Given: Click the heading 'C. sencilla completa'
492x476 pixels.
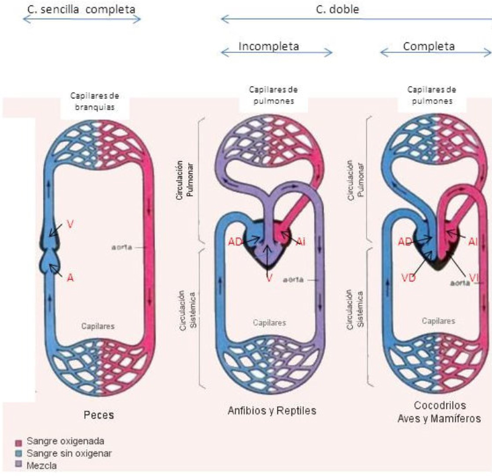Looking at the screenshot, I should point(81,9).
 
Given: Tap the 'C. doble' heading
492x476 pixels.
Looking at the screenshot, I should point(342,9).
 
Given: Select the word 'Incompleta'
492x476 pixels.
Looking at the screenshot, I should point(269,46).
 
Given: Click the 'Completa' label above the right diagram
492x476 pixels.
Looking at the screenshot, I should point(429,46).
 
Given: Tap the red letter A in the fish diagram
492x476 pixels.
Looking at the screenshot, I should point(71,277).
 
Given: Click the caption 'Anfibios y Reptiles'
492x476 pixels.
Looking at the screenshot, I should point(272,410).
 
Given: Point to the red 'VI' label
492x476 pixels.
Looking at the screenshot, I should point(474,278).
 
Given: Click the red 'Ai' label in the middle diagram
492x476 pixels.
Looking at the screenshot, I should point(300,242).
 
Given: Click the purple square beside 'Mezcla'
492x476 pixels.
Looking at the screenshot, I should point(18,466).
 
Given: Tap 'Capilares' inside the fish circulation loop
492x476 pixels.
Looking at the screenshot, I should point(99,326).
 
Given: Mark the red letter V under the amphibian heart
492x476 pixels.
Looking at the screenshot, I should point(269,278).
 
